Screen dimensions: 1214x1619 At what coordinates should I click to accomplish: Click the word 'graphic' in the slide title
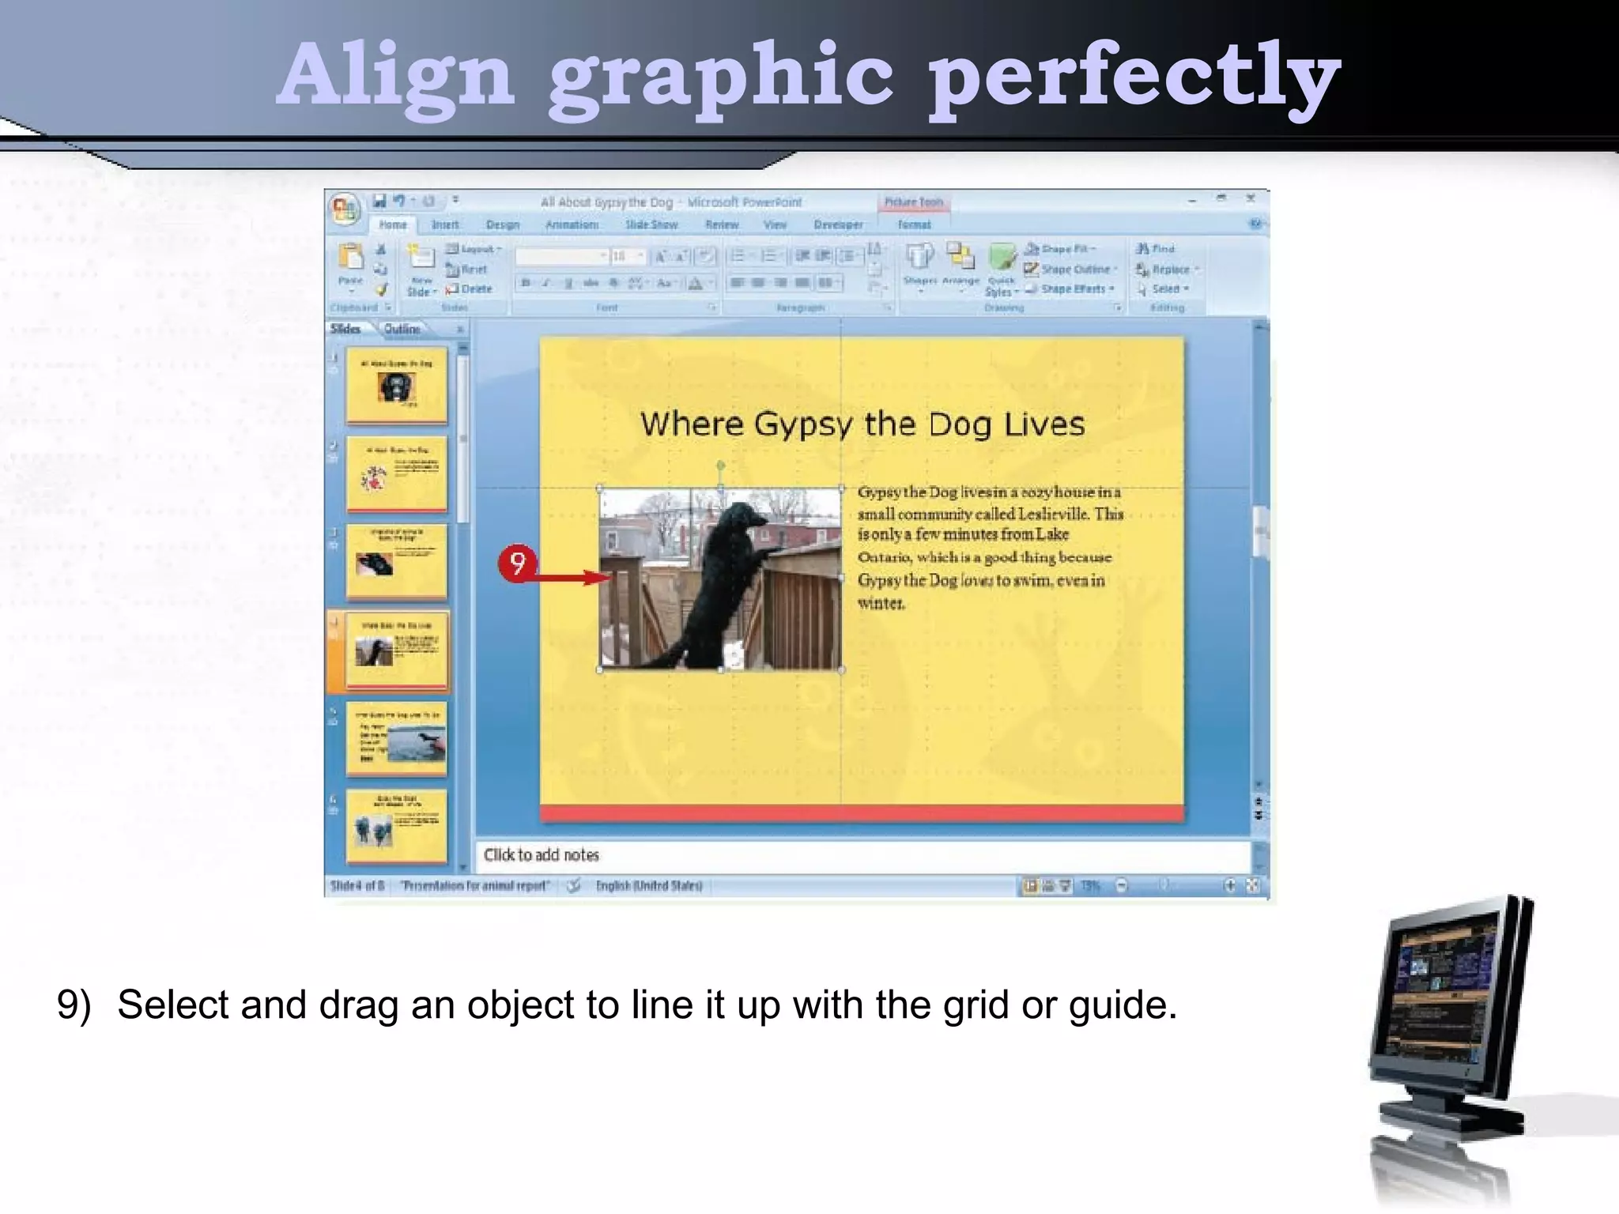tap(720, 77)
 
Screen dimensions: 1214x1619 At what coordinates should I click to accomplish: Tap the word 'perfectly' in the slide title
tap(1134, 77)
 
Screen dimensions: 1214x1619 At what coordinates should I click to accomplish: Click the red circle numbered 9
tap(517, 564)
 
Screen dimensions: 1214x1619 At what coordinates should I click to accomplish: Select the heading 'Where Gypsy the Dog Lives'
tap(862, 424)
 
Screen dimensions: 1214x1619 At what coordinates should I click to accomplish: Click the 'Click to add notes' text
tap(542, 855)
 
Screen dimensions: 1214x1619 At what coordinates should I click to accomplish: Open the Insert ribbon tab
tap(445, 225)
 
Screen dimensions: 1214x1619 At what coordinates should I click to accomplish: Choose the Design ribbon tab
tap(503, 225)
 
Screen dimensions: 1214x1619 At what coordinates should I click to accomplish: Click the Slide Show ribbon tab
tap(651, 225)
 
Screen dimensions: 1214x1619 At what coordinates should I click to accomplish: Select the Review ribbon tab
tap(722, 225)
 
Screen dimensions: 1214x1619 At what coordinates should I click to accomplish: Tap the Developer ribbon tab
tap(839, 225)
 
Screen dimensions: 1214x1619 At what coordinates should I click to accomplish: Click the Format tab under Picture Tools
tap(914, 225)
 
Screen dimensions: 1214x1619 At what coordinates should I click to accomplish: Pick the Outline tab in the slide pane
tap(402, 330)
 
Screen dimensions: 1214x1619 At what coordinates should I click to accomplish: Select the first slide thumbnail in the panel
tap(396, 385)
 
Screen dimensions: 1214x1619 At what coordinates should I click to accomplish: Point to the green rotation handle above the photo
tap(721, 466)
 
